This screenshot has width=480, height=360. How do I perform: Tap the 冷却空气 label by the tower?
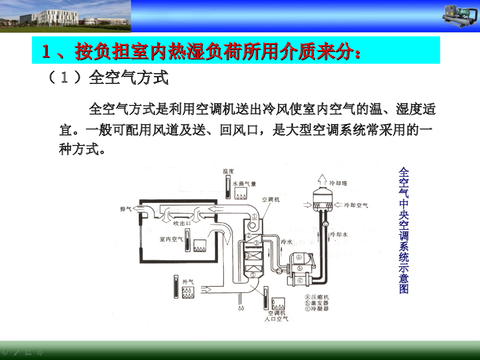point(356,205)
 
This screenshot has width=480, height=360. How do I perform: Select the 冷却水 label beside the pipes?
point(339,233)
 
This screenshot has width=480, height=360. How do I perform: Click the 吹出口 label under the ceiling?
point(182,223)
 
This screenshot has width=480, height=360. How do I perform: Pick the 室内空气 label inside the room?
point(171,239)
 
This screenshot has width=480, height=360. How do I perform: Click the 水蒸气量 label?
point(244,184)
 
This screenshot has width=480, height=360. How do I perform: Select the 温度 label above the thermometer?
point(228,172)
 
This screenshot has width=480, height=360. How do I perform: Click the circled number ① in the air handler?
point(254,217)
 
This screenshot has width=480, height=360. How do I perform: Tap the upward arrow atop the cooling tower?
point(322,179)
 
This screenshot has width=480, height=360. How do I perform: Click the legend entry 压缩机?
point(317,297)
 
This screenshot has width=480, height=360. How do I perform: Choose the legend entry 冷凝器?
point(317,309)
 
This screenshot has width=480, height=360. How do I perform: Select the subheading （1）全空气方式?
point(107,77)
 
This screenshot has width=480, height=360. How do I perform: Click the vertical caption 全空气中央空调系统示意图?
point(404,230)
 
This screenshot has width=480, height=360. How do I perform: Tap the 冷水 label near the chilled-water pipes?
point(286,242)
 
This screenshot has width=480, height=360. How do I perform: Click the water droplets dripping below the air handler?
point(242,308)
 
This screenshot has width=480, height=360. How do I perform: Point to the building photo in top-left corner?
point(65,16)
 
